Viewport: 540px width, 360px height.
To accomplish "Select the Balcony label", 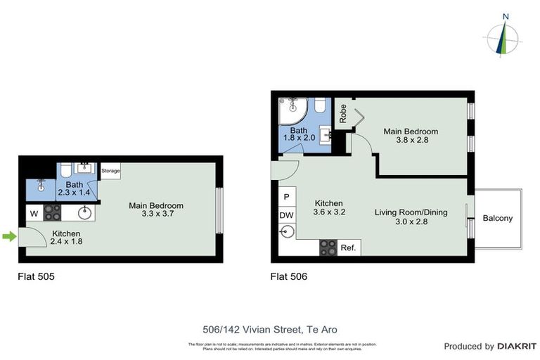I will point(497,218).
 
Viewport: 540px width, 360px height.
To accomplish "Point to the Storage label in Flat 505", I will point(110,171).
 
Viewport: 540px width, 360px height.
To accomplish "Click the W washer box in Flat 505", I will point(34,212).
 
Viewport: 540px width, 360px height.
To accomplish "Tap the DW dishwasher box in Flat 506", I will point(287,215).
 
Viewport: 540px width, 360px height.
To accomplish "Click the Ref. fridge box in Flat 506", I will point(348,247).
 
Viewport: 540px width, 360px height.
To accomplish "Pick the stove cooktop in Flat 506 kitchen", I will point(328,247).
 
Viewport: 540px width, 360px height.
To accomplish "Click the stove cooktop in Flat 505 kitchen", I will point(53,212).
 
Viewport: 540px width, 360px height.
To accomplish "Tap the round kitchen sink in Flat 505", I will point(85,212).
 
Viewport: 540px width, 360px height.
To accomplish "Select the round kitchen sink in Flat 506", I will point(287,232).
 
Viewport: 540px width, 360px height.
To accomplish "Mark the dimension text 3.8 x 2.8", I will point(411,140).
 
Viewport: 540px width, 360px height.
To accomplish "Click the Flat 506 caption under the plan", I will point(288,276).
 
